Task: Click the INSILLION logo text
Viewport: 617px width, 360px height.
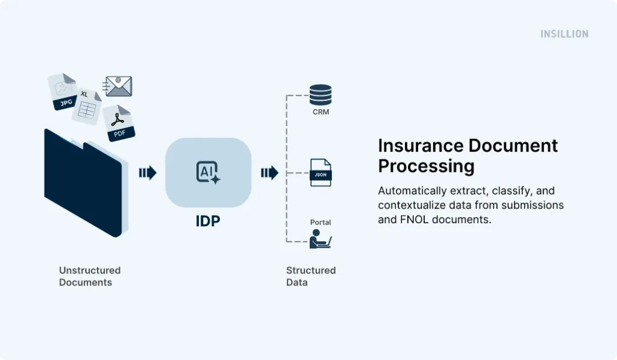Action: tap(564, 34)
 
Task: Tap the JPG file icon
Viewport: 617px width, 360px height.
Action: tap(63, 93)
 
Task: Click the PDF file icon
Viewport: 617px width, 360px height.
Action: tap(118, 123)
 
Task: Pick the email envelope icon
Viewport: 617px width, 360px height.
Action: tap(118, 86)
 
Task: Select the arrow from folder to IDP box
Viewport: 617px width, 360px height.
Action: tap(148, 174)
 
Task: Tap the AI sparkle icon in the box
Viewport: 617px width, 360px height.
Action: tap(208, 172)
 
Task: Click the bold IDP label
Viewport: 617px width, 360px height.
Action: tap(208, 221)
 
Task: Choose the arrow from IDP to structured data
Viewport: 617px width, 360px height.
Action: tap(269, 174)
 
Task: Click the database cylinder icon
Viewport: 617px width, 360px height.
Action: tap(321, 95)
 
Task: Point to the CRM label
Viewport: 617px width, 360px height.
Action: tap(321, 112)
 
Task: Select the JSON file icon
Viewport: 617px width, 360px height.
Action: tap(321, 172)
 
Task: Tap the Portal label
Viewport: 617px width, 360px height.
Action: tap(321, 223)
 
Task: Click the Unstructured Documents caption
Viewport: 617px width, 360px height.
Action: tap(90, 276)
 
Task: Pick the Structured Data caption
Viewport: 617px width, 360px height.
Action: tap(310, 276)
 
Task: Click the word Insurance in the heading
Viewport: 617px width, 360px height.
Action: tap(421, 146)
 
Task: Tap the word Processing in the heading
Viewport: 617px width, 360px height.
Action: tap(426, 166)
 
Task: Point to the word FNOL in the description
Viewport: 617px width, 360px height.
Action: tap(410, 219)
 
